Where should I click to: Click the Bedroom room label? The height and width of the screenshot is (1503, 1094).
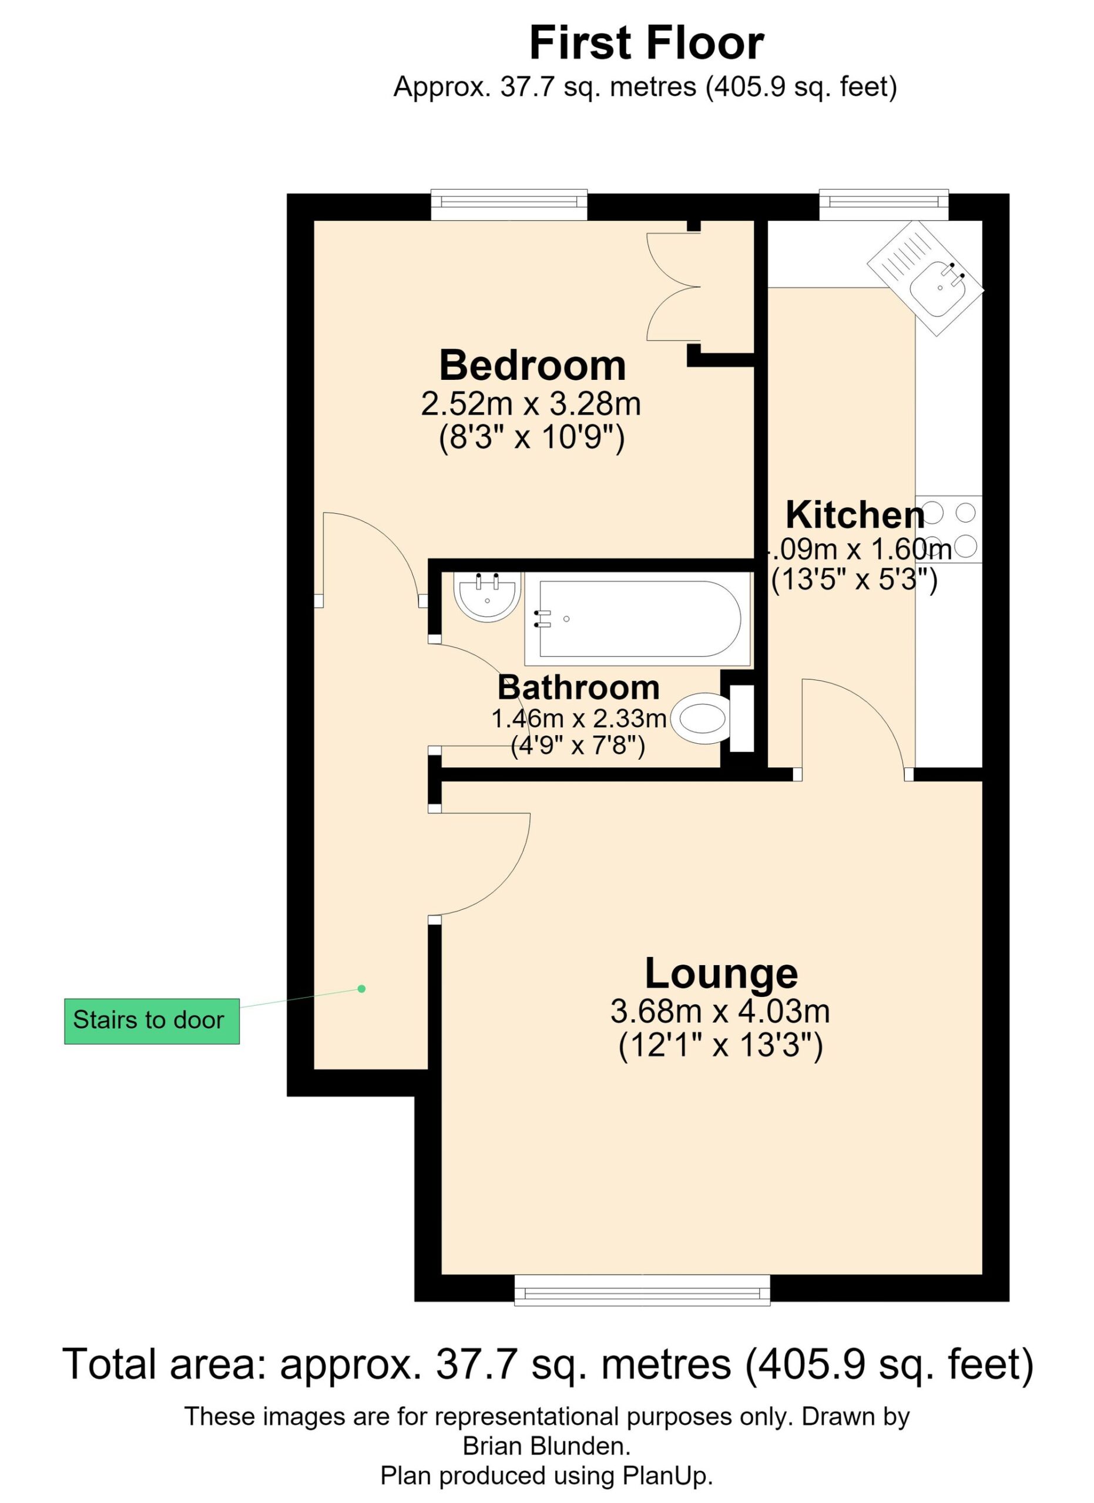coord(532,365)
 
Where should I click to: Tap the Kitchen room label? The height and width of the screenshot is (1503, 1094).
coord(855,515)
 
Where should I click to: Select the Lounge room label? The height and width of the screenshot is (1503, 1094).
coord(721,973)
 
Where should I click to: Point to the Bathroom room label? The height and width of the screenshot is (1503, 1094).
coord(578,688)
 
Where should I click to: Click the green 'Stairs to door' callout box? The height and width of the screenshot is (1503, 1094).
coord(152,1020)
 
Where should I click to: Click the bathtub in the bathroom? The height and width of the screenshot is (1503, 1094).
coord(638,619)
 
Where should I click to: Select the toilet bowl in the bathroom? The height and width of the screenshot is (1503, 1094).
coord(702,719)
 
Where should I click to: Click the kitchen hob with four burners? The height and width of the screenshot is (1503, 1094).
coord(949,530)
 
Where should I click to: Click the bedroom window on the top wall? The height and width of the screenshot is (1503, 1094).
coord(509,205)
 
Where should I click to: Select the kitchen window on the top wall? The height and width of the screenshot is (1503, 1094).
coord(884,205)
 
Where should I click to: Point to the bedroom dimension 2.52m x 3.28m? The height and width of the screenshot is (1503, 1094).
coord(531,405)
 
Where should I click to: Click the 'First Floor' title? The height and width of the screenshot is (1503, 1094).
coord(646,43)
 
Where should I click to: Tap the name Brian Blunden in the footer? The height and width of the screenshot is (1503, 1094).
coord(546,1445)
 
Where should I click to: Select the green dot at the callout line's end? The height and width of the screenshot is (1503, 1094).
coord(362,989)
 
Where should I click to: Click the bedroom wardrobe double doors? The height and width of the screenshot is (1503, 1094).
coord(673,287)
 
